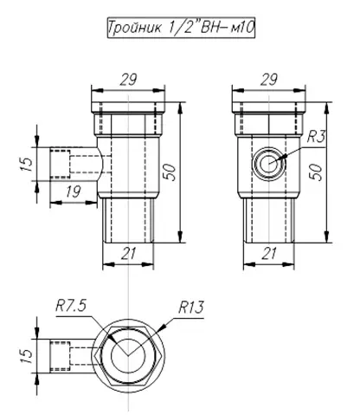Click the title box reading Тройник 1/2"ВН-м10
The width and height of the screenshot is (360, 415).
point(181,28)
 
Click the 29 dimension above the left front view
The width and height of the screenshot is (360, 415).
point(128,80)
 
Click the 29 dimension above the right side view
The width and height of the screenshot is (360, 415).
point(269,80)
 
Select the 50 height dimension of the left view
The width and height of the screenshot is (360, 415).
point(170,172)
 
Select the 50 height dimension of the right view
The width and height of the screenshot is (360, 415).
point(317,172)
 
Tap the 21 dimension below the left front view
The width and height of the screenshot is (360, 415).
point(128,254)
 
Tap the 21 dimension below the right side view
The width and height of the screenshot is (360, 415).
point(269,254)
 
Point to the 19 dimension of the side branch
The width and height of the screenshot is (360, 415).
point(73,191)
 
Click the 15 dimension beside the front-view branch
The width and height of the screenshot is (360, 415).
point(27,164)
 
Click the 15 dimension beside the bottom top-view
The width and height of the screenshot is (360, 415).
point(27,356)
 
